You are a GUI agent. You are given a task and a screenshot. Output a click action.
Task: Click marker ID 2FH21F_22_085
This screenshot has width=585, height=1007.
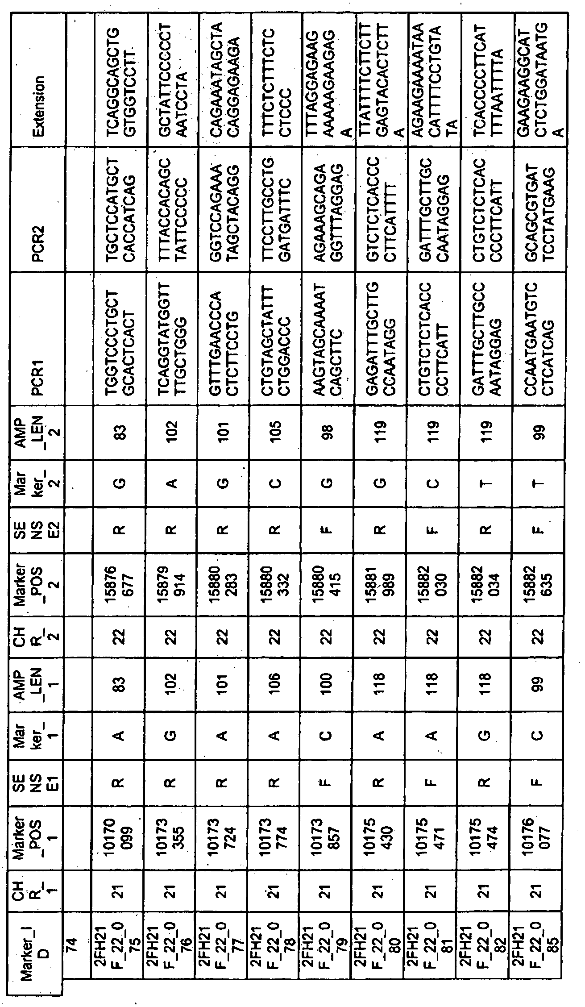pyautogui.click(x=541, y=960)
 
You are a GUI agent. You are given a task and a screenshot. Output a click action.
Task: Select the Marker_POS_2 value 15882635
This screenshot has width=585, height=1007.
pyautogui.click(x=541, y=580)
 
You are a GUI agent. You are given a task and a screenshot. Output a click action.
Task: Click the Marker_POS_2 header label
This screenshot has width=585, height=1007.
pyautogui.click(x=39, y=580)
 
